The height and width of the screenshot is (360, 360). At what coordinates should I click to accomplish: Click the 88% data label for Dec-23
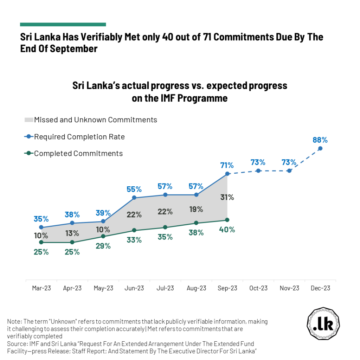(320, 140)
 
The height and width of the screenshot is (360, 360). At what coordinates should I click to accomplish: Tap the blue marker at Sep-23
(227, 174)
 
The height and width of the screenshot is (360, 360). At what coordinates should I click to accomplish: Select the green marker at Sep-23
(227, 220)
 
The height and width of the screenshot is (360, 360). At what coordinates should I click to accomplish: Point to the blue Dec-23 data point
(320, 148)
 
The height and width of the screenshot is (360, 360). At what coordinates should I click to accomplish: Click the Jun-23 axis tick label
(134, 288)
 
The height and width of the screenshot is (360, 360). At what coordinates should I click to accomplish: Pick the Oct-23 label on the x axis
(258, 288)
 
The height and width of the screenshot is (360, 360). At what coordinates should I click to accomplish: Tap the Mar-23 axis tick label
(41, 288)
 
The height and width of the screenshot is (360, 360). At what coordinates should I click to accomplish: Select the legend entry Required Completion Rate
(79, 137)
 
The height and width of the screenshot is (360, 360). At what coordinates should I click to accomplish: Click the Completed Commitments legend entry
(78, 153)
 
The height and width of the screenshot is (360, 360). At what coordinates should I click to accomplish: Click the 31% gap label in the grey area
(227, 197)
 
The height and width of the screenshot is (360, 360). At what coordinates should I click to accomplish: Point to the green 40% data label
(227, 230)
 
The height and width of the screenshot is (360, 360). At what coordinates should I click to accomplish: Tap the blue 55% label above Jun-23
(134, 189)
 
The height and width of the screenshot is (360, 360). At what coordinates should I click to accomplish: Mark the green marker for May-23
(103, 237)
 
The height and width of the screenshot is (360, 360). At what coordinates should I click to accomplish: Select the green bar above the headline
(63, 25)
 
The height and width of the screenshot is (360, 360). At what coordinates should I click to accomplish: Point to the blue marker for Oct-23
(258, 171)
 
